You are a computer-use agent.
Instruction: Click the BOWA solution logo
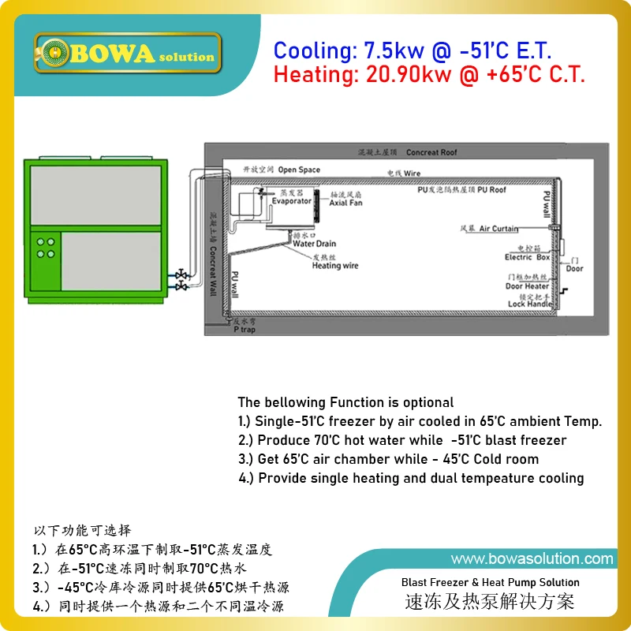pyautogui.click(x=127, y=53)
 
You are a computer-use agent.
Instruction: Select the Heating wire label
pyautogui.click(x=335, y=266)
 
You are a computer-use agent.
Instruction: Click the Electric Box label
pyautogui.click(x=527, y=258)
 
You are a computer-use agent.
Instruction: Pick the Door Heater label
pyautogui.click(x=527, y=286)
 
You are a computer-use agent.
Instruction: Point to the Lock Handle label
pyautogui.click(x=530, y=304)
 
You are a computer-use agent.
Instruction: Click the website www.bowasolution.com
pyautogui.click(x=532, y=559)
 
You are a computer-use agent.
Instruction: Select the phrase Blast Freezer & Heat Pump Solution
pyautogui.click(x=490, y=582)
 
